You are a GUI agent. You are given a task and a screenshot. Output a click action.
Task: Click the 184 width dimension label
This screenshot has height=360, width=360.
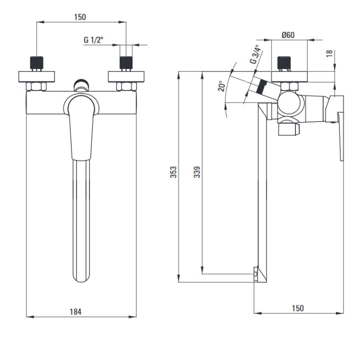pos(75,311)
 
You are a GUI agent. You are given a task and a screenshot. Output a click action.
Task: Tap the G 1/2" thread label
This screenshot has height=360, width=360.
pos(93,40)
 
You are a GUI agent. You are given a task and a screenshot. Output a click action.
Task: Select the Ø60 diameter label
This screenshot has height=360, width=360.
pos(288,35)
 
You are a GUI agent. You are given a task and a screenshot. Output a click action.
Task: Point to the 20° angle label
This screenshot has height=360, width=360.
pos(222,86)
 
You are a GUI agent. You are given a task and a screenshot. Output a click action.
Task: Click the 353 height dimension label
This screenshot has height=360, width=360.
pos(173,172)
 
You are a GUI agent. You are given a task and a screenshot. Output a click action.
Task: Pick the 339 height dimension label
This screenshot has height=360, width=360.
pos(197,172)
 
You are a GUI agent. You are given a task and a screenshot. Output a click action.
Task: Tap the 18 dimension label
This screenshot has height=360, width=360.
pos(329,53)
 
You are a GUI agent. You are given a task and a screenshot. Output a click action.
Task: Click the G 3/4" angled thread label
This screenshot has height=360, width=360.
pos(255,54)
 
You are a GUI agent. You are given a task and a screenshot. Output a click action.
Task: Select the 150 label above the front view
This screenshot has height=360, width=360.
pos(80,17)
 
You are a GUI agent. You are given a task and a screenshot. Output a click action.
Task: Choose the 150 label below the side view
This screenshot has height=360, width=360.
pos(298,308)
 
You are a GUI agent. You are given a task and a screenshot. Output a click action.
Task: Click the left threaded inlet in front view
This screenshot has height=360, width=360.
pos(36,62)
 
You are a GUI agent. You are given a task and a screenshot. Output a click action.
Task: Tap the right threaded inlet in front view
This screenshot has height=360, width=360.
pos(126,62)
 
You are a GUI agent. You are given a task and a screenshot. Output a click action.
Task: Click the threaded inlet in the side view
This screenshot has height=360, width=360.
pos(284,62)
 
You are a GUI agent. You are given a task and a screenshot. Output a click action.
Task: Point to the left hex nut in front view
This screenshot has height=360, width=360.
pos(36,86)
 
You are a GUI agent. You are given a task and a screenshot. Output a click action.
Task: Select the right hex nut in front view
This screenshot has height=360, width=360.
pos(126,86)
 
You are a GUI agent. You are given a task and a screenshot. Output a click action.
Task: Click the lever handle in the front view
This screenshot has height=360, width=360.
pos(81,127)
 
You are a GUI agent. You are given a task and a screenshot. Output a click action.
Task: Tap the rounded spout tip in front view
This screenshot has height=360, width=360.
pos(81,276)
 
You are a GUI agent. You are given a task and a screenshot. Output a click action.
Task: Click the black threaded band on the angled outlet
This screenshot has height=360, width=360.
pos(261,86)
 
